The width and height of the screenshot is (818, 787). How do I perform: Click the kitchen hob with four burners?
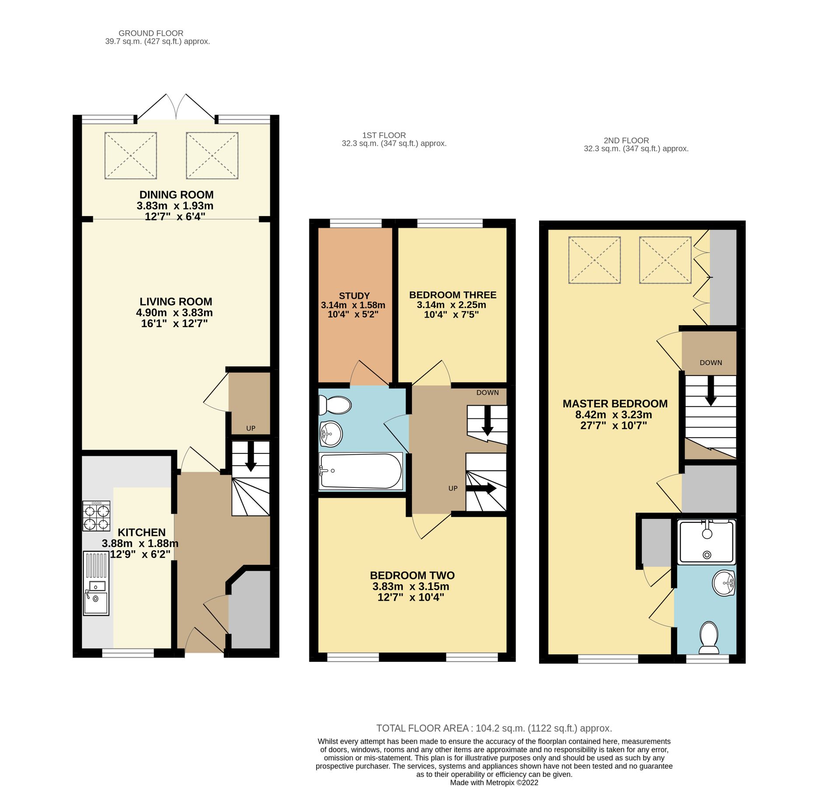click(x=96, y=516)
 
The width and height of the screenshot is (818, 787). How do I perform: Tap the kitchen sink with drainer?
click(x=96, y=583)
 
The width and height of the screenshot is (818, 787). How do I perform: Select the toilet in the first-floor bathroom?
click(x=335, y=405)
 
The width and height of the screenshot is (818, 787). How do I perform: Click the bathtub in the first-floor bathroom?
click(x=361, y=471)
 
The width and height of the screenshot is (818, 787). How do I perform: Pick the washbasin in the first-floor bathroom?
click(x=331, y=434)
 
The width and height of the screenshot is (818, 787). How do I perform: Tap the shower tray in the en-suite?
click(x=707, y=542)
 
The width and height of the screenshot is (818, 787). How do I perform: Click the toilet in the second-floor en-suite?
click(x=709, y=637)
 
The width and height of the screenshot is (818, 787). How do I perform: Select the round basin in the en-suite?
click(x=724, y=583)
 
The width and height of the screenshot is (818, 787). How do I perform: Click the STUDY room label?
click(x=354, y=296)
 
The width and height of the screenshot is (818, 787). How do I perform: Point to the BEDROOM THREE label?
click(x=453, y=295)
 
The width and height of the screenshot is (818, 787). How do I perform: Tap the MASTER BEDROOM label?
click(x=615, y=404)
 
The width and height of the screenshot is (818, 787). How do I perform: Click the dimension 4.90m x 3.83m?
click(x=174, y=313)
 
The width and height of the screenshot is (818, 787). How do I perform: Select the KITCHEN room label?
click(x=142, y=533)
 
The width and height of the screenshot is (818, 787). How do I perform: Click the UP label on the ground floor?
click(x=251, y=428)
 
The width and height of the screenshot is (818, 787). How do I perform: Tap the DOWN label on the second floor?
click(x=710, y=362)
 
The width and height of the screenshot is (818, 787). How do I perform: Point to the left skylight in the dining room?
click(x=131, y=156)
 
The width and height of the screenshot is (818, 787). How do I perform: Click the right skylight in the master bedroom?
click(x=665, y=260)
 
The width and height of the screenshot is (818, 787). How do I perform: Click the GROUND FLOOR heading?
click(x=151, y=33)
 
